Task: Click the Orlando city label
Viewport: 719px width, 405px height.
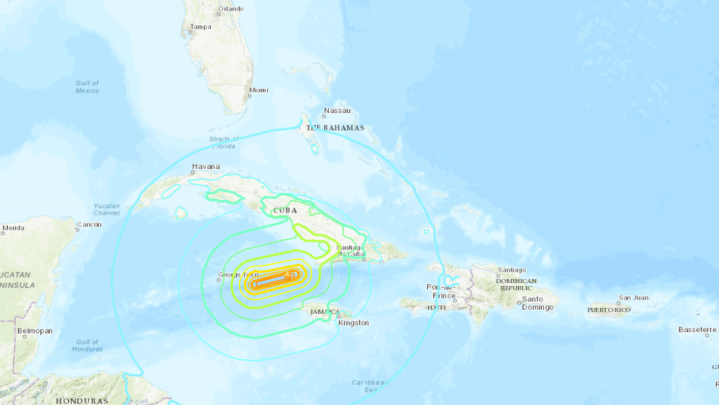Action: (x=231, y=9)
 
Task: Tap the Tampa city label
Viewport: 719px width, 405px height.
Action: (x=200, y=26)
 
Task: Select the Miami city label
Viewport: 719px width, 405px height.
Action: (x=259, y=90)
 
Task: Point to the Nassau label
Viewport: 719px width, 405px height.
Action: (x=337, y=110)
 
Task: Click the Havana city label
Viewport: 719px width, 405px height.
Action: (x=206, y=166)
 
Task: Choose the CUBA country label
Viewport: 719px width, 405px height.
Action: (x=285, y=211)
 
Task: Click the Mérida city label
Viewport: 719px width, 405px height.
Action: (x=13, y=228)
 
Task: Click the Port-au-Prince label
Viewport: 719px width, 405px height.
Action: (x=442, y=291)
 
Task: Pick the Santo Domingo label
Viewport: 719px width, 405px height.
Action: (x=533, y=303)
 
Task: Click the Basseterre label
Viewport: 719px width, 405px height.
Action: (x=697, y=329)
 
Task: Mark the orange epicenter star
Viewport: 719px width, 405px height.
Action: (x=288, y=276)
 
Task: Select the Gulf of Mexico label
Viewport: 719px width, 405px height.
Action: (x=87, y=87)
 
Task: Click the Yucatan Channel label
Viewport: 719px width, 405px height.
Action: (x=107, y=209)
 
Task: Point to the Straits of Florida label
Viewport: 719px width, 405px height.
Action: (x=223, y=143)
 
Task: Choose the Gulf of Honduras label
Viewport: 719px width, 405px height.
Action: (x=87, y=345)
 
